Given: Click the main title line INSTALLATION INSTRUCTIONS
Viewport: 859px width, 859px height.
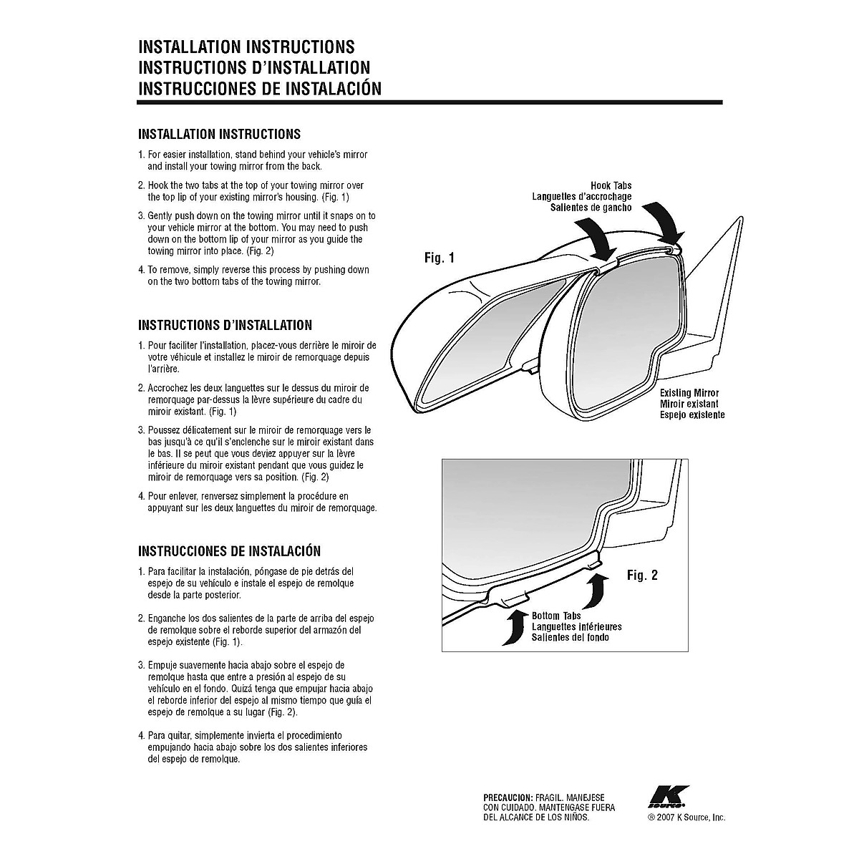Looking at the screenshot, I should click(246, 47).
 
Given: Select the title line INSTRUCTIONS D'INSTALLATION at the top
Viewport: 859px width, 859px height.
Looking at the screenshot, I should click(253, 68).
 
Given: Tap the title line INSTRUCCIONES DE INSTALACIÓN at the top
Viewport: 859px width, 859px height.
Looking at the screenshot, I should click(259, 89).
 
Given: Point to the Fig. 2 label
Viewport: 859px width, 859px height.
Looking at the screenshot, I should click(641, 575).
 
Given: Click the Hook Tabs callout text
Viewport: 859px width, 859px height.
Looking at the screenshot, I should click(611, 185).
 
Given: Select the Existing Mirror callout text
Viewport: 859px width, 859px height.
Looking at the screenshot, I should click(689, 393).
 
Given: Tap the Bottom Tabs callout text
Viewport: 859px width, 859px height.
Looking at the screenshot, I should click(556, 616).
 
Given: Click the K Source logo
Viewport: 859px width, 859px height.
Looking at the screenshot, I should click(669, 796).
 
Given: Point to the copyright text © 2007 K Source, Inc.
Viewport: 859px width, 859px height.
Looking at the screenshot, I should click(686, 817).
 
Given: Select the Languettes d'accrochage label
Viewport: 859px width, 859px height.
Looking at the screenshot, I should click(581, 197).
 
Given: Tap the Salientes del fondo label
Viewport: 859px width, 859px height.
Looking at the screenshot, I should click(570, 638).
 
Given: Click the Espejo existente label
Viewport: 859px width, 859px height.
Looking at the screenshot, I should click(691, 415).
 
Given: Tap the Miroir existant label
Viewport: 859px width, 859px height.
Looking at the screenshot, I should click(689, 404).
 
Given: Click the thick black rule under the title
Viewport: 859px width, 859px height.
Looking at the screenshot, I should click(429, 102).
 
